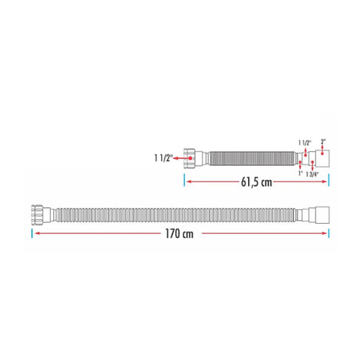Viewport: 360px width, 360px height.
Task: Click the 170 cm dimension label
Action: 179,234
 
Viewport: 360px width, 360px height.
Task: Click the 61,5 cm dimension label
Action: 257,182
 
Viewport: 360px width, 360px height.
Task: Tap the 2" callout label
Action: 323,142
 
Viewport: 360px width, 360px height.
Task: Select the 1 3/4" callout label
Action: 312,175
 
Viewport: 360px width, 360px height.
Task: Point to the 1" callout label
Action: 301,173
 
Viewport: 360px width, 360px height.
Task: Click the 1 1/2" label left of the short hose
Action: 164,158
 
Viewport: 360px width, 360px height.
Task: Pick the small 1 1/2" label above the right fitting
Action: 304,142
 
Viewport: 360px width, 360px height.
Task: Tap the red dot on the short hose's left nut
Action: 190,158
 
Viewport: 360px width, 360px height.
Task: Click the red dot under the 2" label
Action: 322,153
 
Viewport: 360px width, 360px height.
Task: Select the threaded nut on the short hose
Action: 189,158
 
